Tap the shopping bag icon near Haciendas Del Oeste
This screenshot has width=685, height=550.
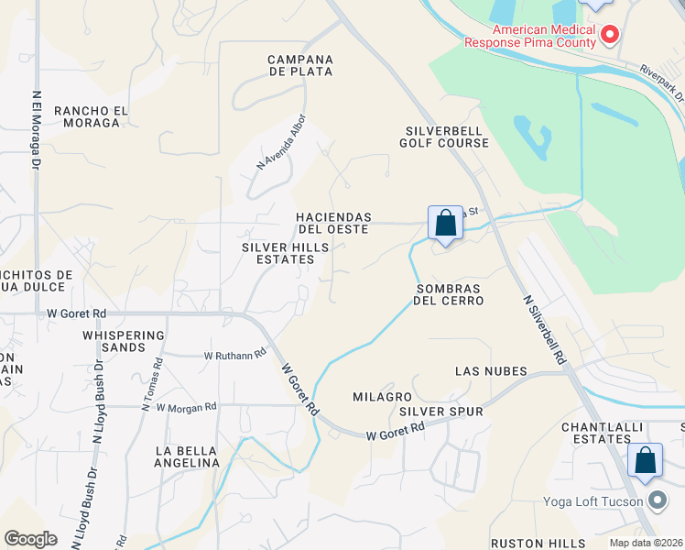(x=445, y=223)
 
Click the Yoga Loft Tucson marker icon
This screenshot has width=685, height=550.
(x=657, y=500)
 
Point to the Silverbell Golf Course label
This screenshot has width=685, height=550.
(x=445, y=137)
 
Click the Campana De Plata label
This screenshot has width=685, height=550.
(x=299, y=65)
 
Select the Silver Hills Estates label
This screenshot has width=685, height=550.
(x=278, y=253)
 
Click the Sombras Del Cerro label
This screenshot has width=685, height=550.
(x=448, y=293)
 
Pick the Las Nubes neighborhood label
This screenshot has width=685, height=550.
(x=492, y=371)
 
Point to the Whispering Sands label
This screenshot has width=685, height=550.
(x=123, y=341)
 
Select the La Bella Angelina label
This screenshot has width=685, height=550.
(x=188, y=456)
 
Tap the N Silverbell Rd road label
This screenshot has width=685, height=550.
(x=544, y=331)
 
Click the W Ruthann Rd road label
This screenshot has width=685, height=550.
(x=234, y=354)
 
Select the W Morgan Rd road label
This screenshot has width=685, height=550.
(x=186, y=406)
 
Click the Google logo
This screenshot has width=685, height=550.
(x=31, y=539)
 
